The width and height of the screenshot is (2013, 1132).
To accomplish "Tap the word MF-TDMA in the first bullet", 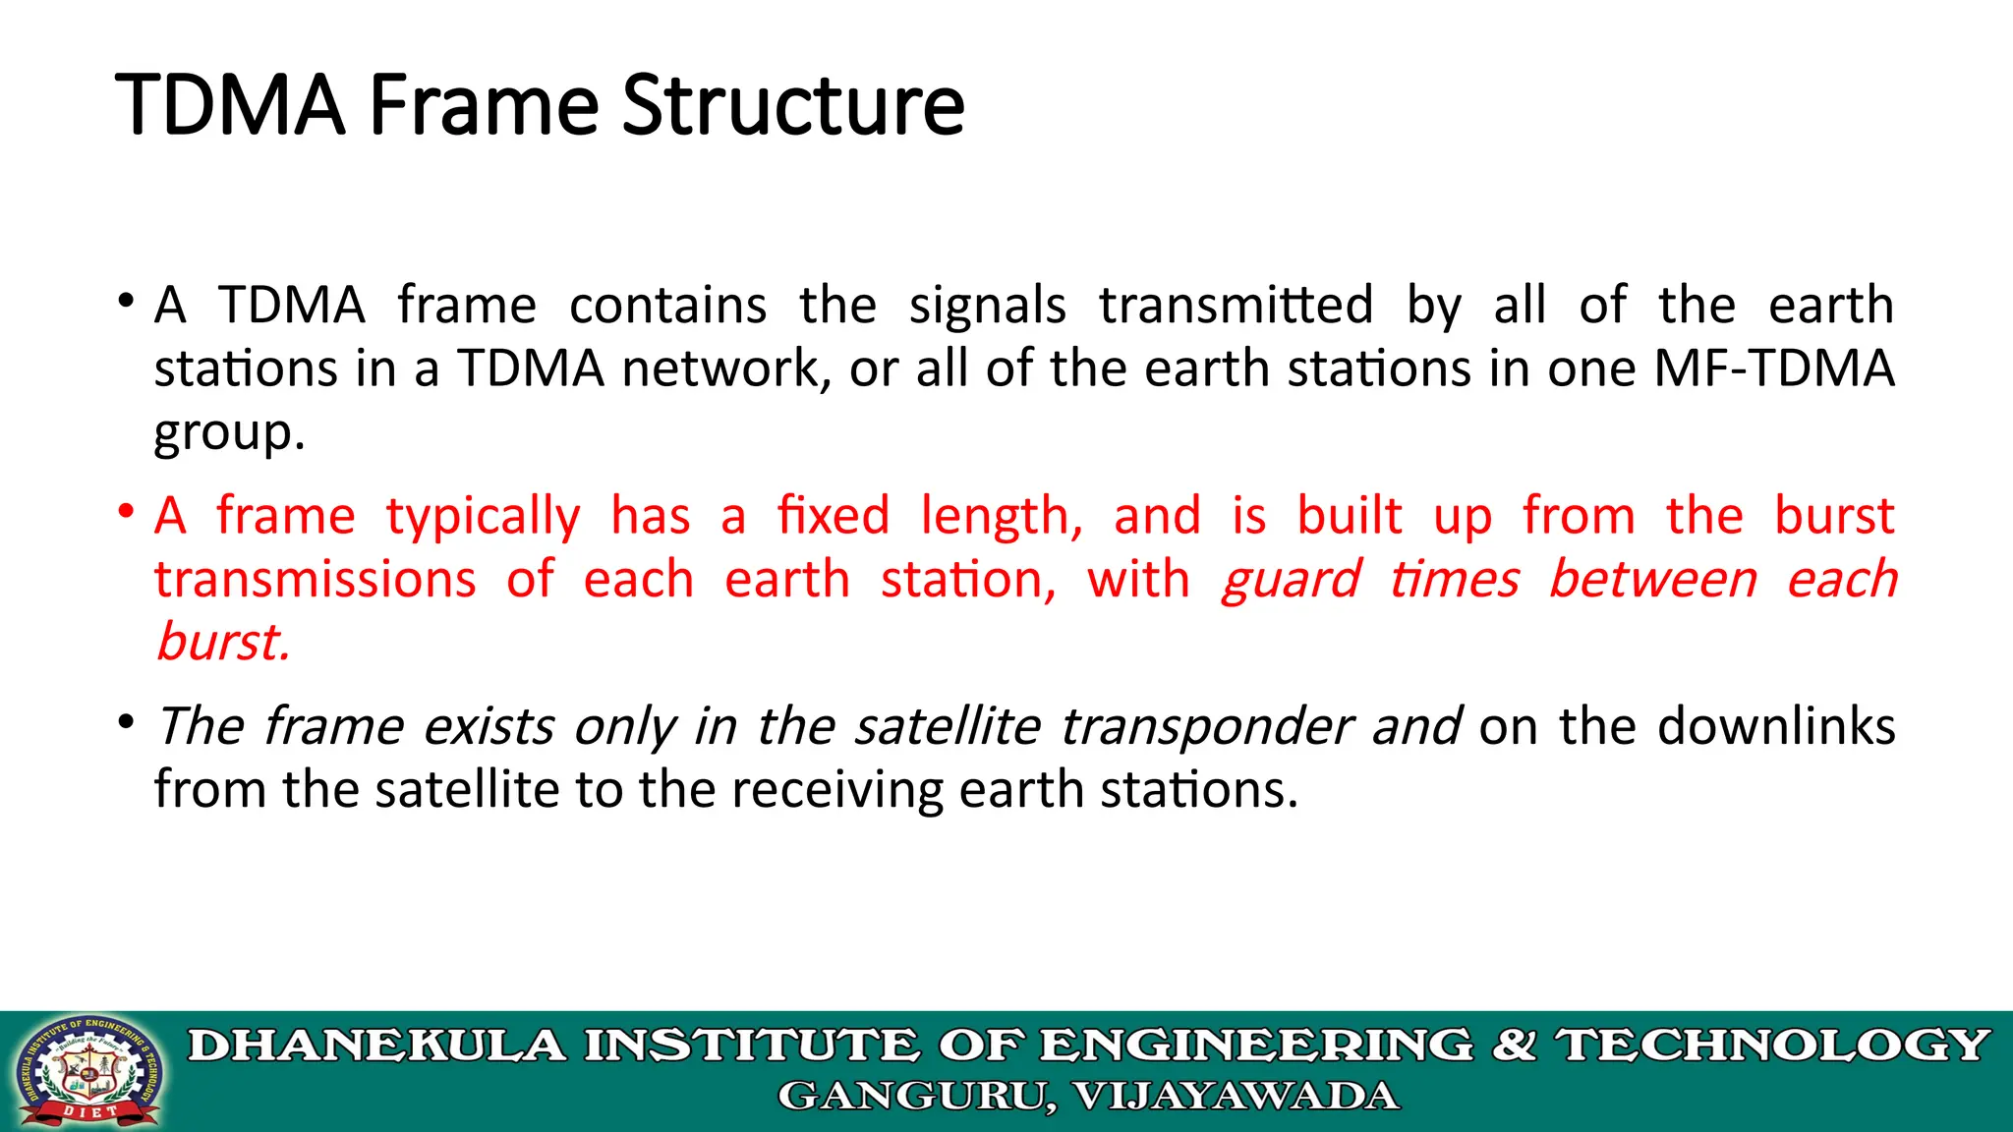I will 1774,369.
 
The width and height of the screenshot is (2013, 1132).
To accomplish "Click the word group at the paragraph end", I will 224,433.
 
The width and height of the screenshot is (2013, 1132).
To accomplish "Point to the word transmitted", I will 1236,306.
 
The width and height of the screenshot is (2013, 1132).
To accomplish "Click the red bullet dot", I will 125,511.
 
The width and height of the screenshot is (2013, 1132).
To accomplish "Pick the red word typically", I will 483,518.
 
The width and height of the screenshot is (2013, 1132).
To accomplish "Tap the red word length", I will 1001,517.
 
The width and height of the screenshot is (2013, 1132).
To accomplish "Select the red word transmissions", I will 316,580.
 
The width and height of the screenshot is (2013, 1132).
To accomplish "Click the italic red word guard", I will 1291,580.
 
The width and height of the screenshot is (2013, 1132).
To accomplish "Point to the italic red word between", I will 1653,579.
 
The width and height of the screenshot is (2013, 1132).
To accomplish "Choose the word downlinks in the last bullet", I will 1776,727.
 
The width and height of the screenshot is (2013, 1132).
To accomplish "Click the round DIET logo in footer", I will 87,1071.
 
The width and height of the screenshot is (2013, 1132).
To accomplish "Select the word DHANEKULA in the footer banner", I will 377,1046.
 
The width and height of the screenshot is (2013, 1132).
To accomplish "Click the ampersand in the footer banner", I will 1515,1046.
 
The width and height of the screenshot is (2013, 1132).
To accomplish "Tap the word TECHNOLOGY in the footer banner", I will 1774,1046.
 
